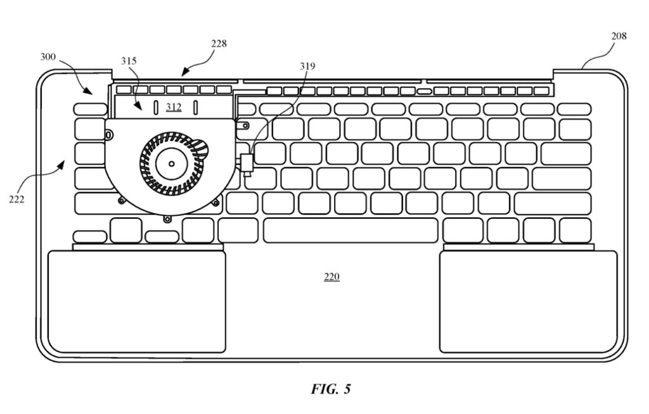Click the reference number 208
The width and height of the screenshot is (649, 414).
(x=619, y=36)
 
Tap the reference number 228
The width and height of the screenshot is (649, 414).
(x=219, y=44)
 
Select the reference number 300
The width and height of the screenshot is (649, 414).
(x=48, y=57)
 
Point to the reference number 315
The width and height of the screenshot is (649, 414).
(x=129, y=61)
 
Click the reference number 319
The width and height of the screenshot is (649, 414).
(x=307, y=66)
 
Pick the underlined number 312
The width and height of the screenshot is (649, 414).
(x=174, y=107)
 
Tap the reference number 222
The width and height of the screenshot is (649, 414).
(x=16, y=199)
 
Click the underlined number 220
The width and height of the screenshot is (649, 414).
(x=331, y=277)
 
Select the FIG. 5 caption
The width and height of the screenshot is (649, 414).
(x=331, y=389)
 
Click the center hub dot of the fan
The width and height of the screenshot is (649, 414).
(x=171, y=164)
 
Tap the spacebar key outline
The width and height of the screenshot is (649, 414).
(x=350, y=230)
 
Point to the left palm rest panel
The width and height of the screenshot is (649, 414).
(x=137, y=301)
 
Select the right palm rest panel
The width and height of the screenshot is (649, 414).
(x=528, y=301)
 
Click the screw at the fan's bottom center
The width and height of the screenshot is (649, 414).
(x=167, y=219)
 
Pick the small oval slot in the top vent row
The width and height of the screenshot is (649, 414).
(x=424, y=91)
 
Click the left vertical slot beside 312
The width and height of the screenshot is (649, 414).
(x=156, y=108)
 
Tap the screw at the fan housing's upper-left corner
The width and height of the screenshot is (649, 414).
(x=109, y=134)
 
